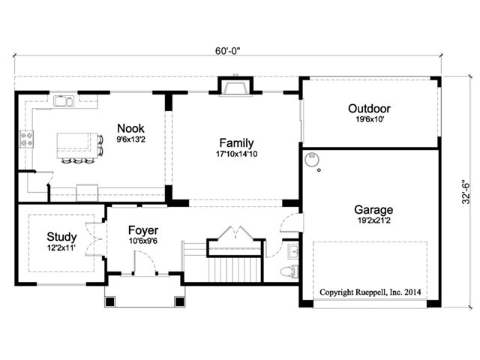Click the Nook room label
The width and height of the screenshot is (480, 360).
coord(130,128)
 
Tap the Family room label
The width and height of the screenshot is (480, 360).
coord(237,143)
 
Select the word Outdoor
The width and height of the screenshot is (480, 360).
coord(369,109)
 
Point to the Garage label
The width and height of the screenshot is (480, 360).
coord(373,210)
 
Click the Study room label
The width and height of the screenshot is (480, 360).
coord(61,237)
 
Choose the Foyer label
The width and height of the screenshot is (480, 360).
coord(143,230)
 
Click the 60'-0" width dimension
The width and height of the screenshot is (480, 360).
coord(227,51)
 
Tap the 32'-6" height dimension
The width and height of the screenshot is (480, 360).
coord(466,192)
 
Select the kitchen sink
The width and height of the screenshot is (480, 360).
coord(64,101)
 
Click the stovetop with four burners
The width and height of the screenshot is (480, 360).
coord(26,139)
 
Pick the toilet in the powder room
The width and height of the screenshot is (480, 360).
coord(289,271)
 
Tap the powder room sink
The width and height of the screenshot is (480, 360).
coord(293,252)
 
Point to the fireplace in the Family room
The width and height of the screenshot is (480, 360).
coord(235,87)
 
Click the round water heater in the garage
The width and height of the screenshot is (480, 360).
coord(312,159)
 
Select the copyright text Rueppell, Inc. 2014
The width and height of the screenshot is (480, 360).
coord(388,292)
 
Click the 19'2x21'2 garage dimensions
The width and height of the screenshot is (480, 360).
coord(374,220)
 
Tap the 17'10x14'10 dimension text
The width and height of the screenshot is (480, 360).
coord(237,154)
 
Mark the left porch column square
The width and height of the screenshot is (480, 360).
coord(110,301)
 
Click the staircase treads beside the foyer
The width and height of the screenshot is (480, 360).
coord(235,269)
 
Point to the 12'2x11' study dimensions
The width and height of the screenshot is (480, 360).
coord(61,247)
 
